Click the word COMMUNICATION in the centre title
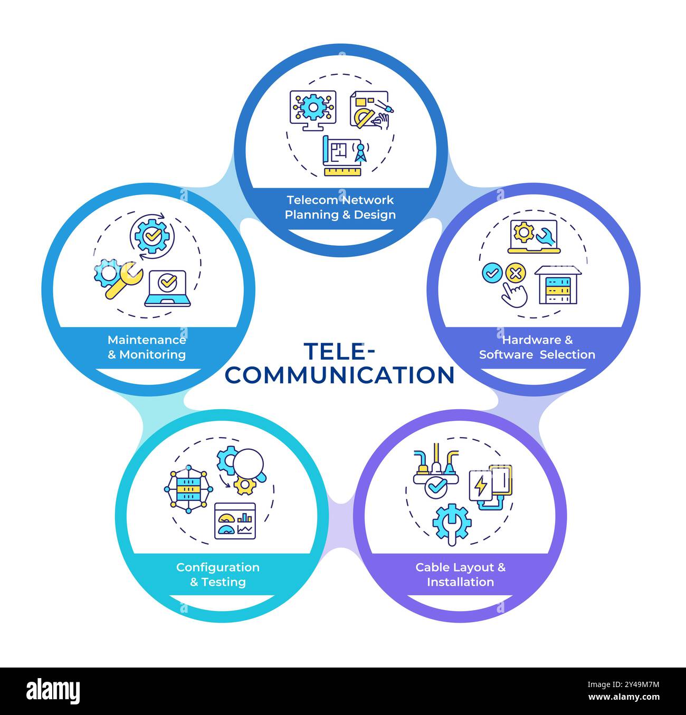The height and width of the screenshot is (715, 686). point(340,375)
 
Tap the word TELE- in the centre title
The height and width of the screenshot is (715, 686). point(340,351)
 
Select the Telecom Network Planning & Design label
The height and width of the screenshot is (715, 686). point(340,207)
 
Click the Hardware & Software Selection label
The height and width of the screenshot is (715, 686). point(537,347)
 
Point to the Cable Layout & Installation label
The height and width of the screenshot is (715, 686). point(461,575)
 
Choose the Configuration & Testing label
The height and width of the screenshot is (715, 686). point(217,575)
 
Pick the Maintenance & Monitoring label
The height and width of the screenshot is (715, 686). point(147,347)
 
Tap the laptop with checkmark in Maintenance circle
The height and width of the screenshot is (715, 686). point(167,288)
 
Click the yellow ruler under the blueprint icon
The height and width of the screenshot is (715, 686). point(342,171)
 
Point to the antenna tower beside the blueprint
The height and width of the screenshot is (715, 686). point(360,153)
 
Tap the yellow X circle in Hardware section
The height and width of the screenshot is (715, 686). point(516,273)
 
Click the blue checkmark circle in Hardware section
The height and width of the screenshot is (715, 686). point(492,273)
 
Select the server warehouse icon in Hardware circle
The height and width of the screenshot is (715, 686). point(558,285)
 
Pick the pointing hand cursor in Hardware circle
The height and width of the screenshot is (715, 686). point(514,295)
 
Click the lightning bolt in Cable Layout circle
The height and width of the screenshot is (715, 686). point(481,487)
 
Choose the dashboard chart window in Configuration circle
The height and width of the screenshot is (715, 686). point(235,521)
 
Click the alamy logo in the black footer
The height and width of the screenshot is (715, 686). point(53,691)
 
